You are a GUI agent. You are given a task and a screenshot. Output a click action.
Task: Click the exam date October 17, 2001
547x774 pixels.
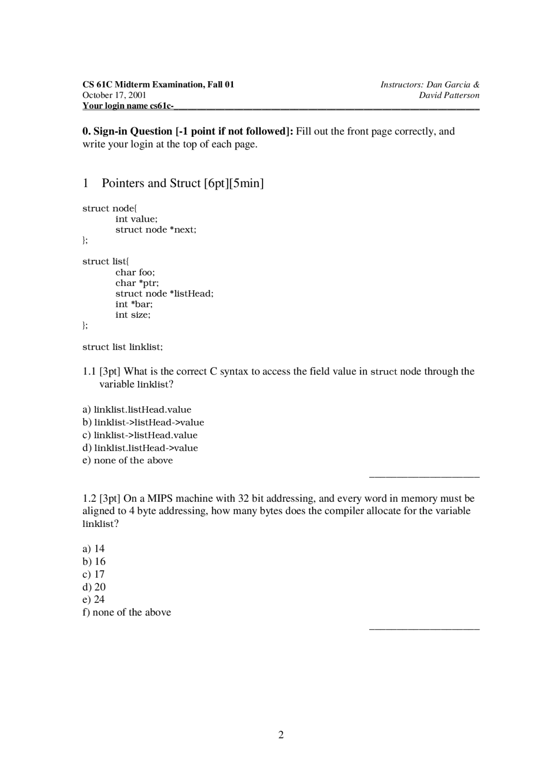click(114, 95)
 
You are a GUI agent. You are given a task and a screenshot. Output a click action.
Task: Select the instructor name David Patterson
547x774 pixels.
click(449, 95)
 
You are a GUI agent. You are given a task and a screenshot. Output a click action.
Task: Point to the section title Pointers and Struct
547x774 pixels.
click(151, 183)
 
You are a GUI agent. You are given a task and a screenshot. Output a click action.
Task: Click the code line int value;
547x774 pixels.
click(136, 219)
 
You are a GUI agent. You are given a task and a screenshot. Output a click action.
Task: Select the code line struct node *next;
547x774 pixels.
click(156, 230)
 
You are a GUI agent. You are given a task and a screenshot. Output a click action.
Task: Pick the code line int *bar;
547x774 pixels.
click(134, 304)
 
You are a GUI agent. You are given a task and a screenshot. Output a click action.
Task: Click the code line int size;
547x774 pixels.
click(133, 315)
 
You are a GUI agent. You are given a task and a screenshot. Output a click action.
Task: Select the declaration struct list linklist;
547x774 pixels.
click(123, 347)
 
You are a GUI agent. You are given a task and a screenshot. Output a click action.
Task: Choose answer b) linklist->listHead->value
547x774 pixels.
click(143, 422)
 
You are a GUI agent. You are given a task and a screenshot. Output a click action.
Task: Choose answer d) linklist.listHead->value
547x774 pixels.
click(140, 448)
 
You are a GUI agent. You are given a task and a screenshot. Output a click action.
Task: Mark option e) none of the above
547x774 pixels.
click(128, 460)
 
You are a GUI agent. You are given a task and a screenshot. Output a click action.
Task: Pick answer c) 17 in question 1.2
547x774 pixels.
click(94, 574)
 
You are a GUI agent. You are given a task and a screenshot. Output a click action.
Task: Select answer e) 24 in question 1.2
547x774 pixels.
click(94, 599)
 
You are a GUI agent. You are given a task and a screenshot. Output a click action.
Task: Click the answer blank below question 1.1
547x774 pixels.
click(424, 475)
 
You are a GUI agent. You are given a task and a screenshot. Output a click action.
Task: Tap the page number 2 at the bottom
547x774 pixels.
click(281, 735)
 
